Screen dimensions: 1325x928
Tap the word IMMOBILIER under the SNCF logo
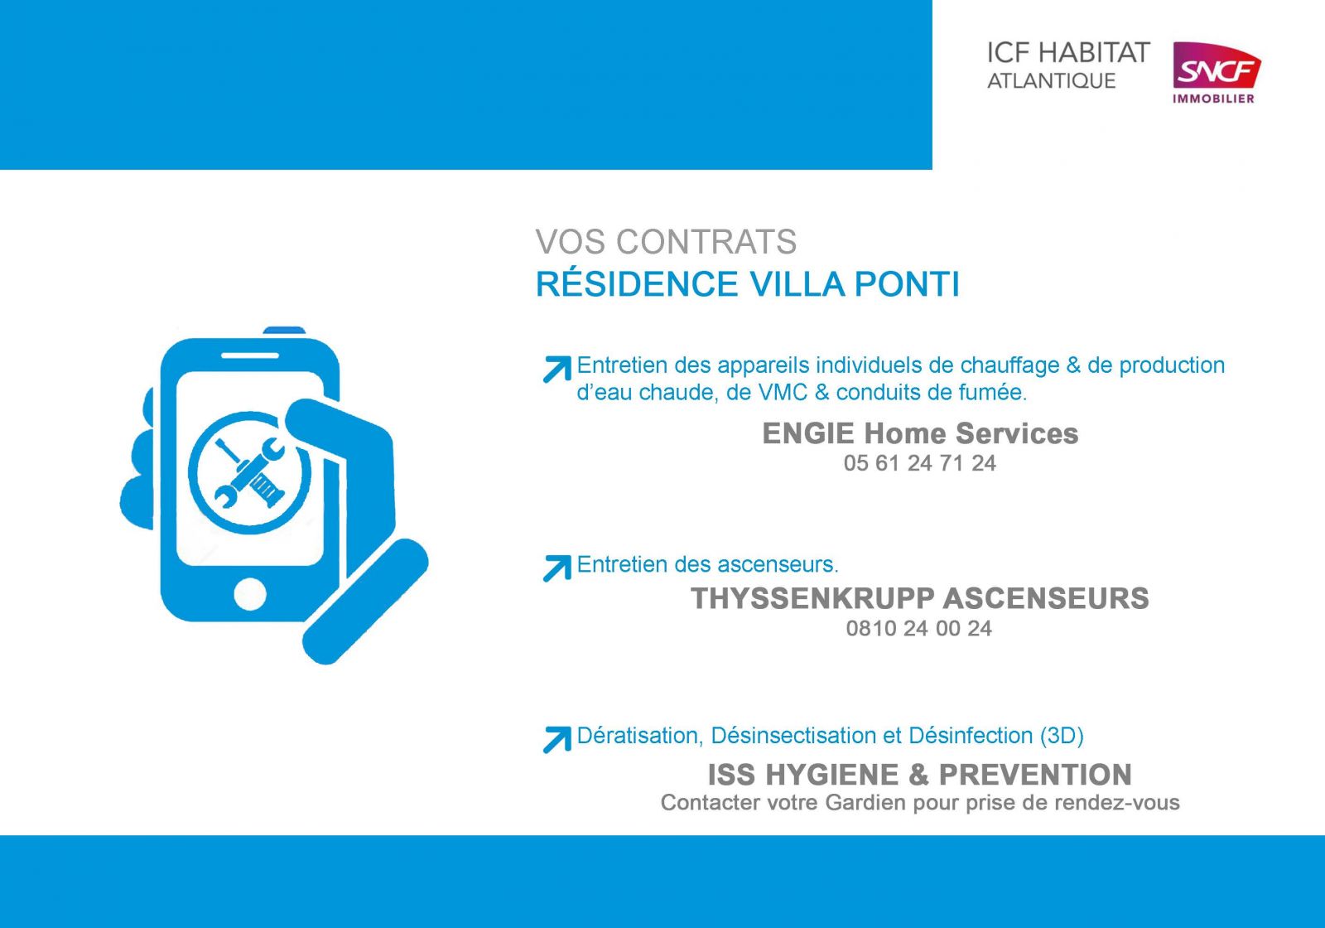[1213, 99]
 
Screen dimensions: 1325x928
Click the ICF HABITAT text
[1068, 53]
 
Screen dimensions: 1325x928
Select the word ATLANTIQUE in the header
[1051, 81]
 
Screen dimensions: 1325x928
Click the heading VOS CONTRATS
[666, 241]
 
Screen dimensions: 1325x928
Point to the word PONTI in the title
[907, 284]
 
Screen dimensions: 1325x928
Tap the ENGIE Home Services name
[920, 433]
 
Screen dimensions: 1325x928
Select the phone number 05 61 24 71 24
[920, 463]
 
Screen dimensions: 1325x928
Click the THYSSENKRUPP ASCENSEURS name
[920, 598]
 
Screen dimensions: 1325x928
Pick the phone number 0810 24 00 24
[918, 629]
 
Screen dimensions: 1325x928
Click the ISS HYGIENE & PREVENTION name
[920, 775]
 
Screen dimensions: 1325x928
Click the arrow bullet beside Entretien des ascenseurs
[556, 568]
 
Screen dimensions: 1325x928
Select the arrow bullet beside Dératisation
[556, 739]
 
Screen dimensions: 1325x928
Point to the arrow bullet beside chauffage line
[556, 370]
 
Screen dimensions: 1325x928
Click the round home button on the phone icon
[249, 593]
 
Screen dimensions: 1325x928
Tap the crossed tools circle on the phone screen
[249, 473]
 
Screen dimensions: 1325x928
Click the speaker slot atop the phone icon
[249, 356]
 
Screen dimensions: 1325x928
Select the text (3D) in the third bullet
[1062, 736]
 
